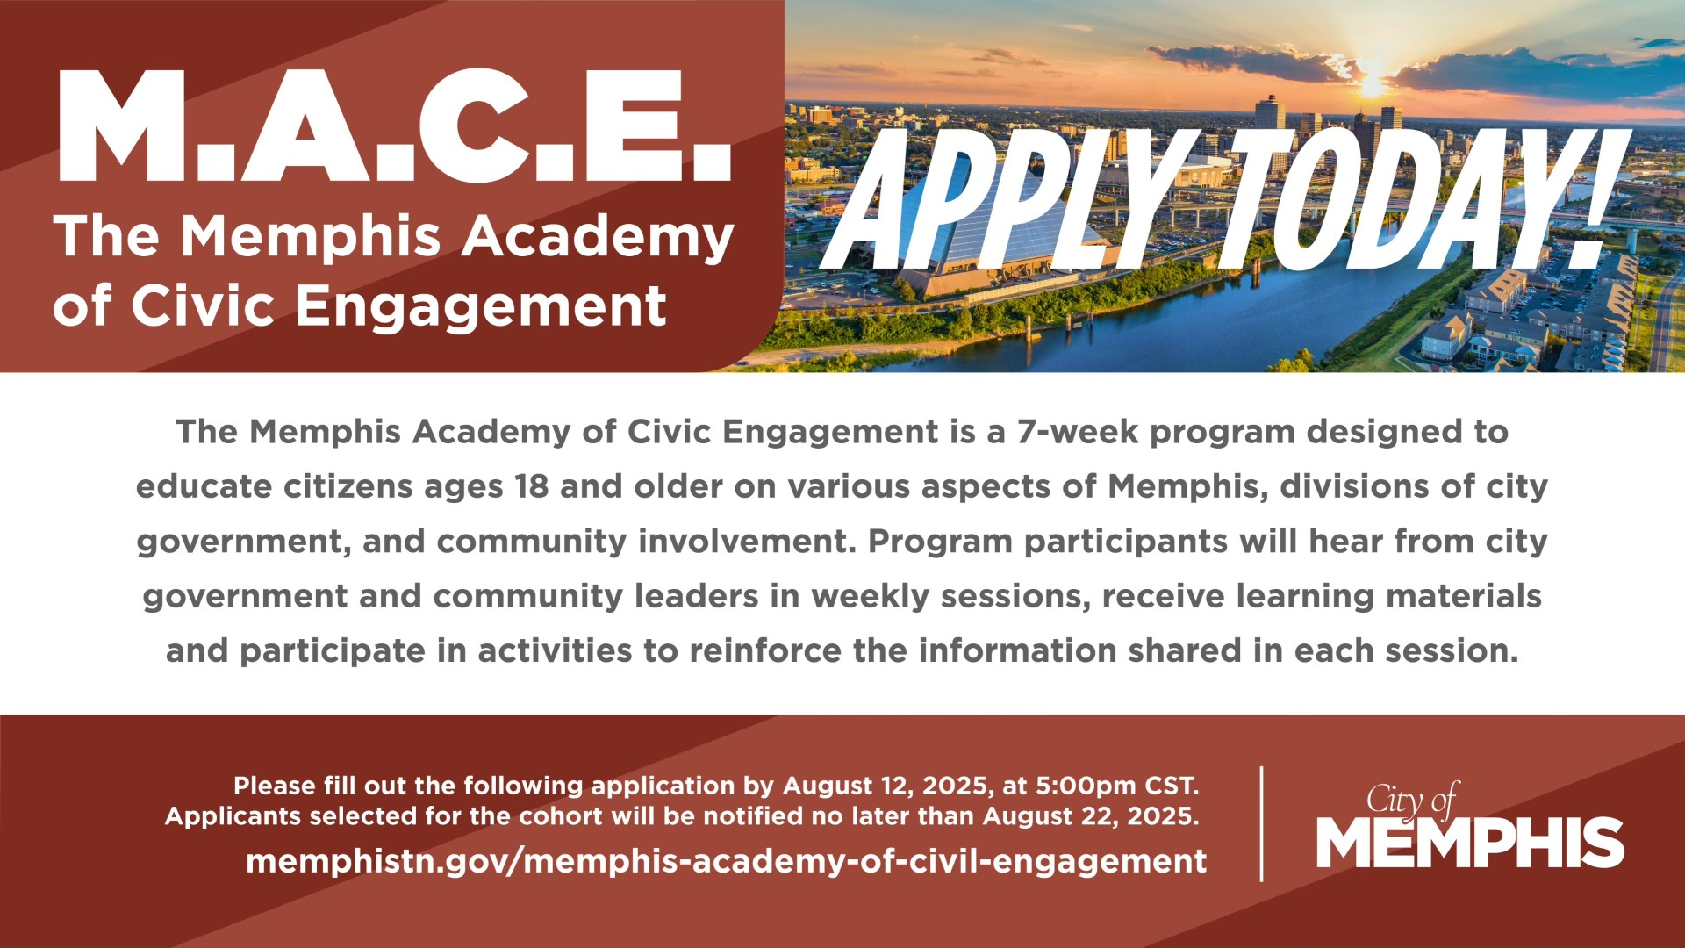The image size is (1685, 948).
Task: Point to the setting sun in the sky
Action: point(1371,84)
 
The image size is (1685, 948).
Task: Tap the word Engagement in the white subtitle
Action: point(481,307)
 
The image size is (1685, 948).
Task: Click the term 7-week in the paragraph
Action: point(1078,432)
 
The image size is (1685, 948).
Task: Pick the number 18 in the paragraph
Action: point(532,486)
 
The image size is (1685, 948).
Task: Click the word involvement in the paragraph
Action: point(746,542)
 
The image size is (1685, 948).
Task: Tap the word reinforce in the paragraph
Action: point(765,651)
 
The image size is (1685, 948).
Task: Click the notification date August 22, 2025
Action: point(1090,816)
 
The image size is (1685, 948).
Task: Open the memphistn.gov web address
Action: point(726,861)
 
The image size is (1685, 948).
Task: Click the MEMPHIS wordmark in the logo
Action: point(1470,843)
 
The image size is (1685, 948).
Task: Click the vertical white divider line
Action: point(1262,823)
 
